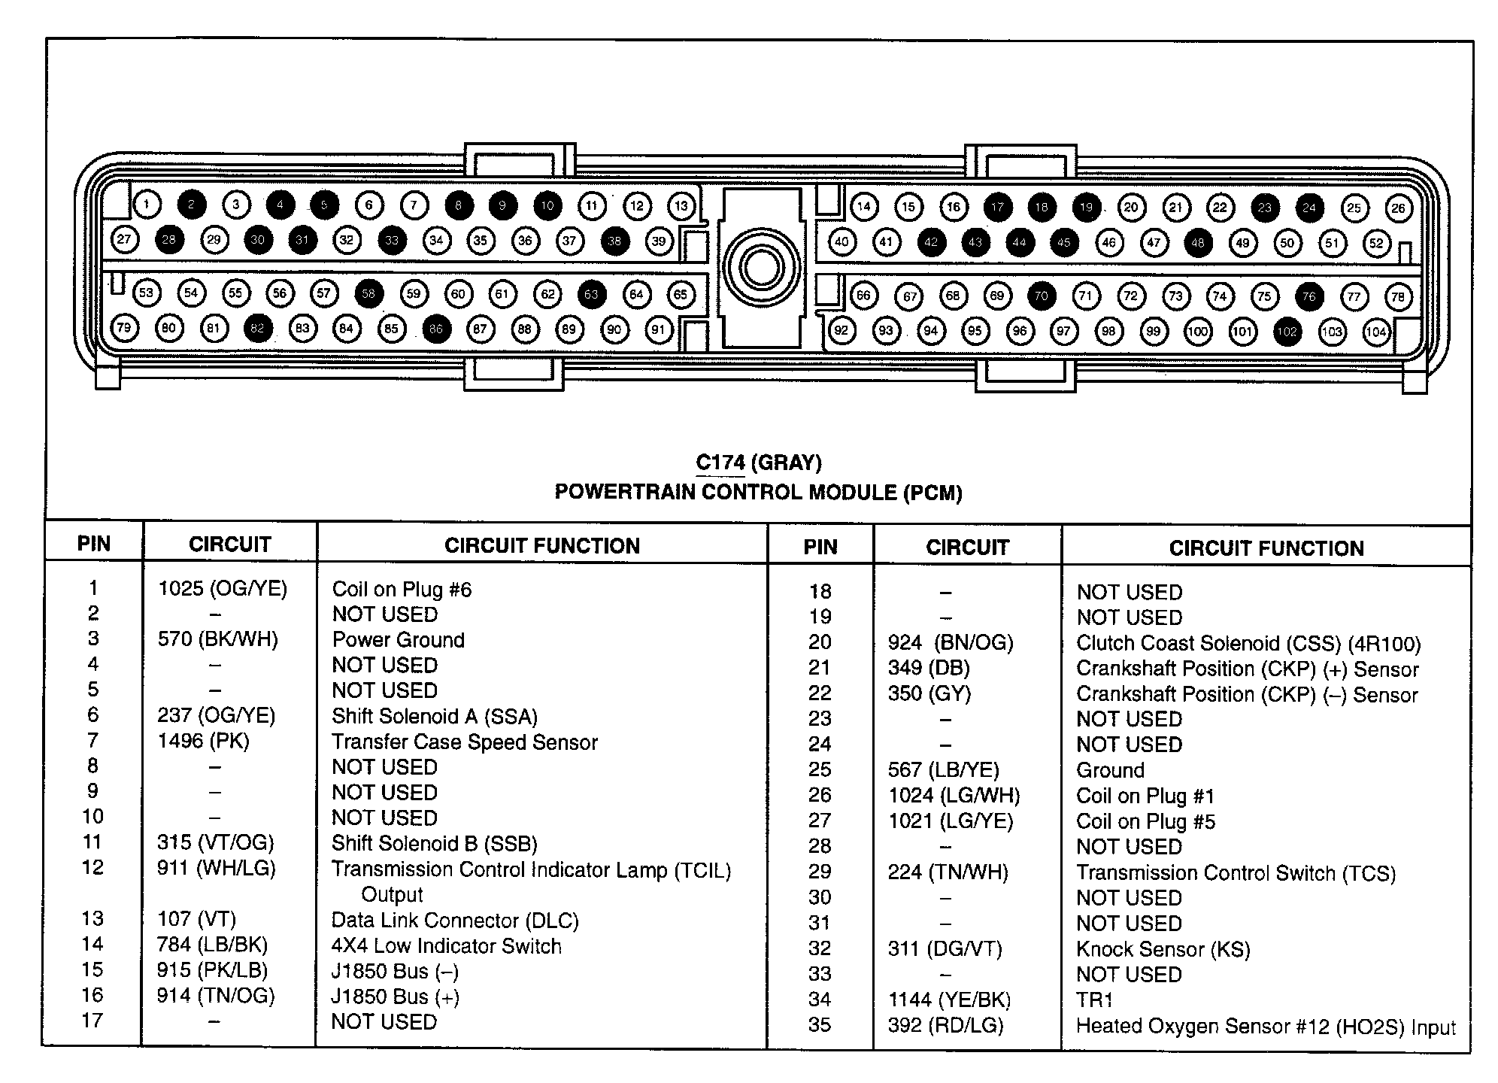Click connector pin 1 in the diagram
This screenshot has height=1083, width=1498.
pos(147,204)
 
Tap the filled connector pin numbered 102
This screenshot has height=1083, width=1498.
pos(1287,331)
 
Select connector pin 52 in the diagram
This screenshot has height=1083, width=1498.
pos(1376,243)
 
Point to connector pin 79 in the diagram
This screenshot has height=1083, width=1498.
pos(124,328)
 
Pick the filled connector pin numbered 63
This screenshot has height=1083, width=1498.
pos(592,294)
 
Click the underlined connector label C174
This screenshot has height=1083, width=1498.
pos(720,463)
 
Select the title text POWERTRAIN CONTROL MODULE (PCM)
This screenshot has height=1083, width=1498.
pos(758,493)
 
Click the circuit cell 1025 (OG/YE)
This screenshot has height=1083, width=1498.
pos(223,588)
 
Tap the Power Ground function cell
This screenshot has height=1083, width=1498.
pos(399,640)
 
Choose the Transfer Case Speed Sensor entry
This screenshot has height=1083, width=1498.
pos(465,742)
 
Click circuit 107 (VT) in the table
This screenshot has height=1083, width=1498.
pos(197,919)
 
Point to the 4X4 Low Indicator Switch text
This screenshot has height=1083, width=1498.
pos(447,945)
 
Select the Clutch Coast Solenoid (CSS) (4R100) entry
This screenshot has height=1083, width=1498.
pos(1248,644)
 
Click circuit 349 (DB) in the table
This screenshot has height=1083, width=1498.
pos(929,668)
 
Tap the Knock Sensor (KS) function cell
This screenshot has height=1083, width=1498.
pos(1163,949)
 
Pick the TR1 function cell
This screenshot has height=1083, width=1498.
pos(1094,1000)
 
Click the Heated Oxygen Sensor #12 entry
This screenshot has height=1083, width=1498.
pos(1266,1027)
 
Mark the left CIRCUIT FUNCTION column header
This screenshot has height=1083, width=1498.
pos(541,545)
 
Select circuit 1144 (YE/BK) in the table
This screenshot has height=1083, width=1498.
pos(949,1000)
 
